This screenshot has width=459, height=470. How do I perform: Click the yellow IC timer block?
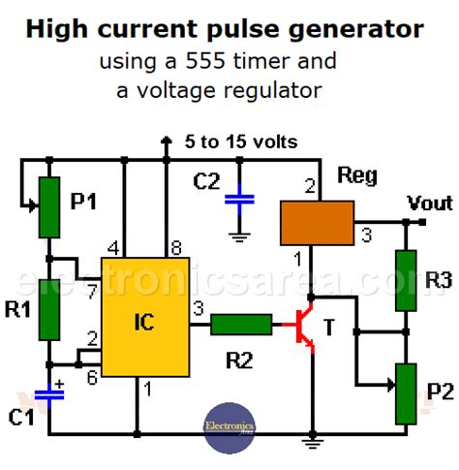pos(144,316)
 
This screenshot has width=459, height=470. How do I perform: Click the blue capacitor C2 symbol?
pos(238,201)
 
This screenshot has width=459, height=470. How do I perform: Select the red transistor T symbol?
pos(307,327)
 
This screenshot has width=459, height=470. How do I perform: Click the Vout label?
pos(429,204)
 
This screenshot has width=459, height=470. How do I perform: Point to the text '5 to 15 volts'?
pos(241,142)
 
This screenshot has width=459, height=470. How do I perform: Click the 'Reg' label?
pos(356,176)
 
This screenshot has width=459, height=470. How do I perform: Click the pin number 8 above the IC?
pos(175,246)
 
